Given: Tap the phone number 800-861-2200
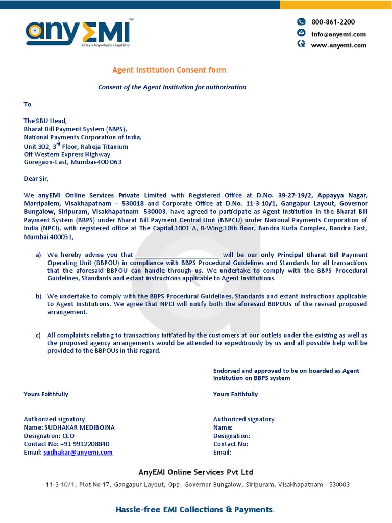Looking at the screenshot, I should (x=333, y=22).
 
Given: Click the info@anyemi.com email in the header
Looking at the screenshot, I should (x=338, y=34).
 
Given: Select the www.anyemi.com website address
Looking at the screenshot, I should (x=339, y=45).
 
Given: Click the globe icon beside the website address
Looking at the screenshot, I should (x=301, y=44).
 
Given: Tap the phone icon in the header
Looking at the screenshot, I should (x=301, y=21).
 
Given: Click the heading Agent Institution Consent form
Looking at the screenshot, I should (x=169, y=70).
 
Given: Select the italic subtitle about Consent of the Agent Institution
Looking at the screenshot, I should (x=172, y=87).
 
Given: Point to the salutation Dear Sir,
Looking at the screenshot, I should (x=36, y=179).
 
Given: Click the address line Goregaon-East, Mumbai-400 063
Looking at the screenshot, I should (x=72, y=162).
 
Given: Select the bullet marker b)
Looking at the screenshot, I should (x=38, y=296).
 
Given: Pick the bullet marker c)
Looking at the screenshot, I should (x=38, y=336).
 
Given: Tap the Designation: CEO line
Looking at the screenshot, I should (x=49, y=436).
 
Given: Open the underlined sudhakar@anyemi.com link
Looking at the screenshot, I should (x=78, y=453).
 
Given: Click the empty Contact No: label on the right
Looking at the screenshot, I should (x=231, y=444).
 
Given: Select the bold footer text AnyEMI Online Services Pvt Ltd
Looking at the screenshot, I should (x=196, y=472).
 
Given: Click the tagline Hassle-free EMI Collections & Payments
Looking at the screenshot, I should (x=195, y=510).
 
